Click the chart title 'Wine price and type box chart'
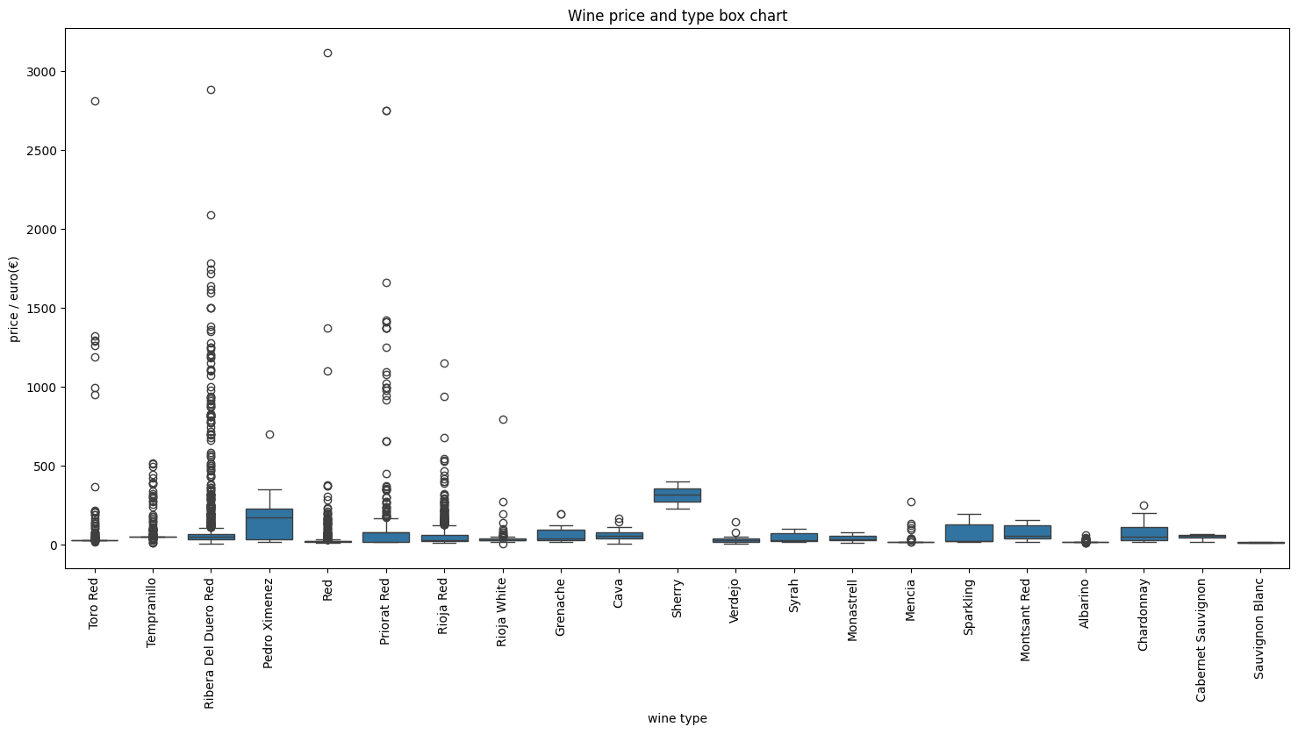coord(677,16)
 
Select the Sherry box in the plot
coord(677,495)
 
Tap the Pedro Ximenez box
coord(269,524)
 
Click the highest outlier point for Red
coord(327,53)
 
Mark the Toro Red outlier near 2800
coord(95,101)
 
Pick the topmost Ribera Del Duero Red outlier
coord(211,89)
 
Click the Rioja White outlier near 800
coord(503,419)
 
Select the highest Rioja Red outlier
coord(444,363)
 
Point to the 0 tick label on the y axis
coord(53,545)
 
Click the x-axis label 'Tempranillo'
coord(153,612)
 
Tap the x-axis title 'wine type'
coord(677,719)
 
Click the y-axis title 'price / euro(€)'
coord(14,299)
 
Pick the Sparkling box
coord(969,533)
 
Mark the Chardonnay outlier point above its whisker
coord(1144,505)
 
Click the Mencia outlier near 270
coord(911,502)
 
